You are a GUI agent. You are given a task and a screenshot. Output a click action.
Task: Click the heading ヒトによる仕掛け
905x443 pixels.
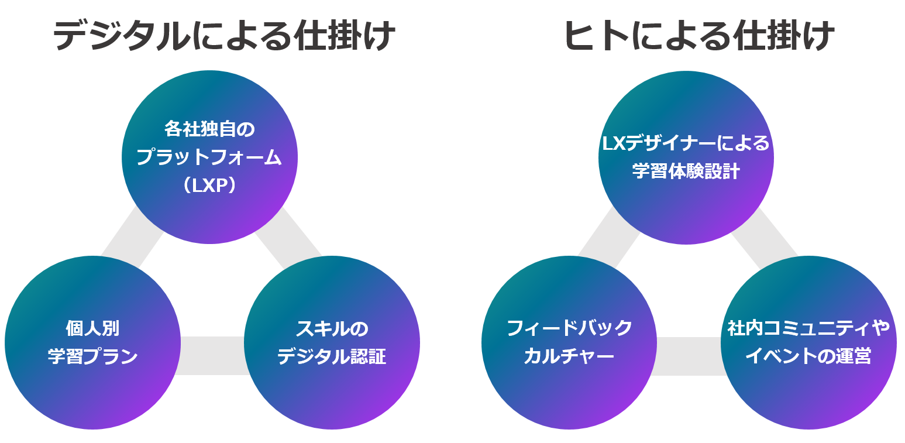(699, 36)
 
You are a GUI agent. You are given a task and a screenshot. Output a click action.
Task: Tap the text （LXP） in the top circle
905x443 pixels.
(209, 186)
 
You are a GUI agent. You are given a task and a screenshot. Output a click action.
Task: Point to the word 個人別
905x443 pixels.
(92, 328)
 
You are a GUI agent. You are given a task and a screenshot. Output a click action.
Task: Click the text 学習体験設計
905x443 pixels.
(686, 172)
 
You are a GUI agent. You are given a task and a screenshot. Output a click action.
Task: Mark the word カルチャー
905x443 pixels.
(569, 356)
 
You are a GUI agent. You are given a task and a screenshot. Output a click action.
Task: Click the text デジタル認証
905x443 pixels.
(332, 356)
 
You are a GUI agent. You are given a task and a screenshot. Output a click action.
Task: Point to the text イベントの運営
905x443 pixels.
(808, 356)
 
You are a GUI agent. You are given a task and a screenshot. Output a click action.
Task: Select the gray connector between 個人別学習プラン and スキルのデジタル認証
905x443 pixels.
(212, 355)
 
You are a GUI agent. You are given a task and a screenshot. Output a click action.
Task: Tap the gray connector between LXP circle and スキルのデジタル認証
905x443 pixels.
(288, 240)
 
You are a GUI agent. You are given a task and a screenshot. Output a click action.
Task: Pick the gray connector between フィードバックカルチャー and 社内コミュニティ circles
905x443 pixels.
(689, 355)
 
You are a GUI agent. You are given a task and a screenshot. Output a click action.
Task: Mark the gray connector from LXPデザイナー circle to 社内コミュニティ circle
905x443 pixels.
(765, 240)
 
